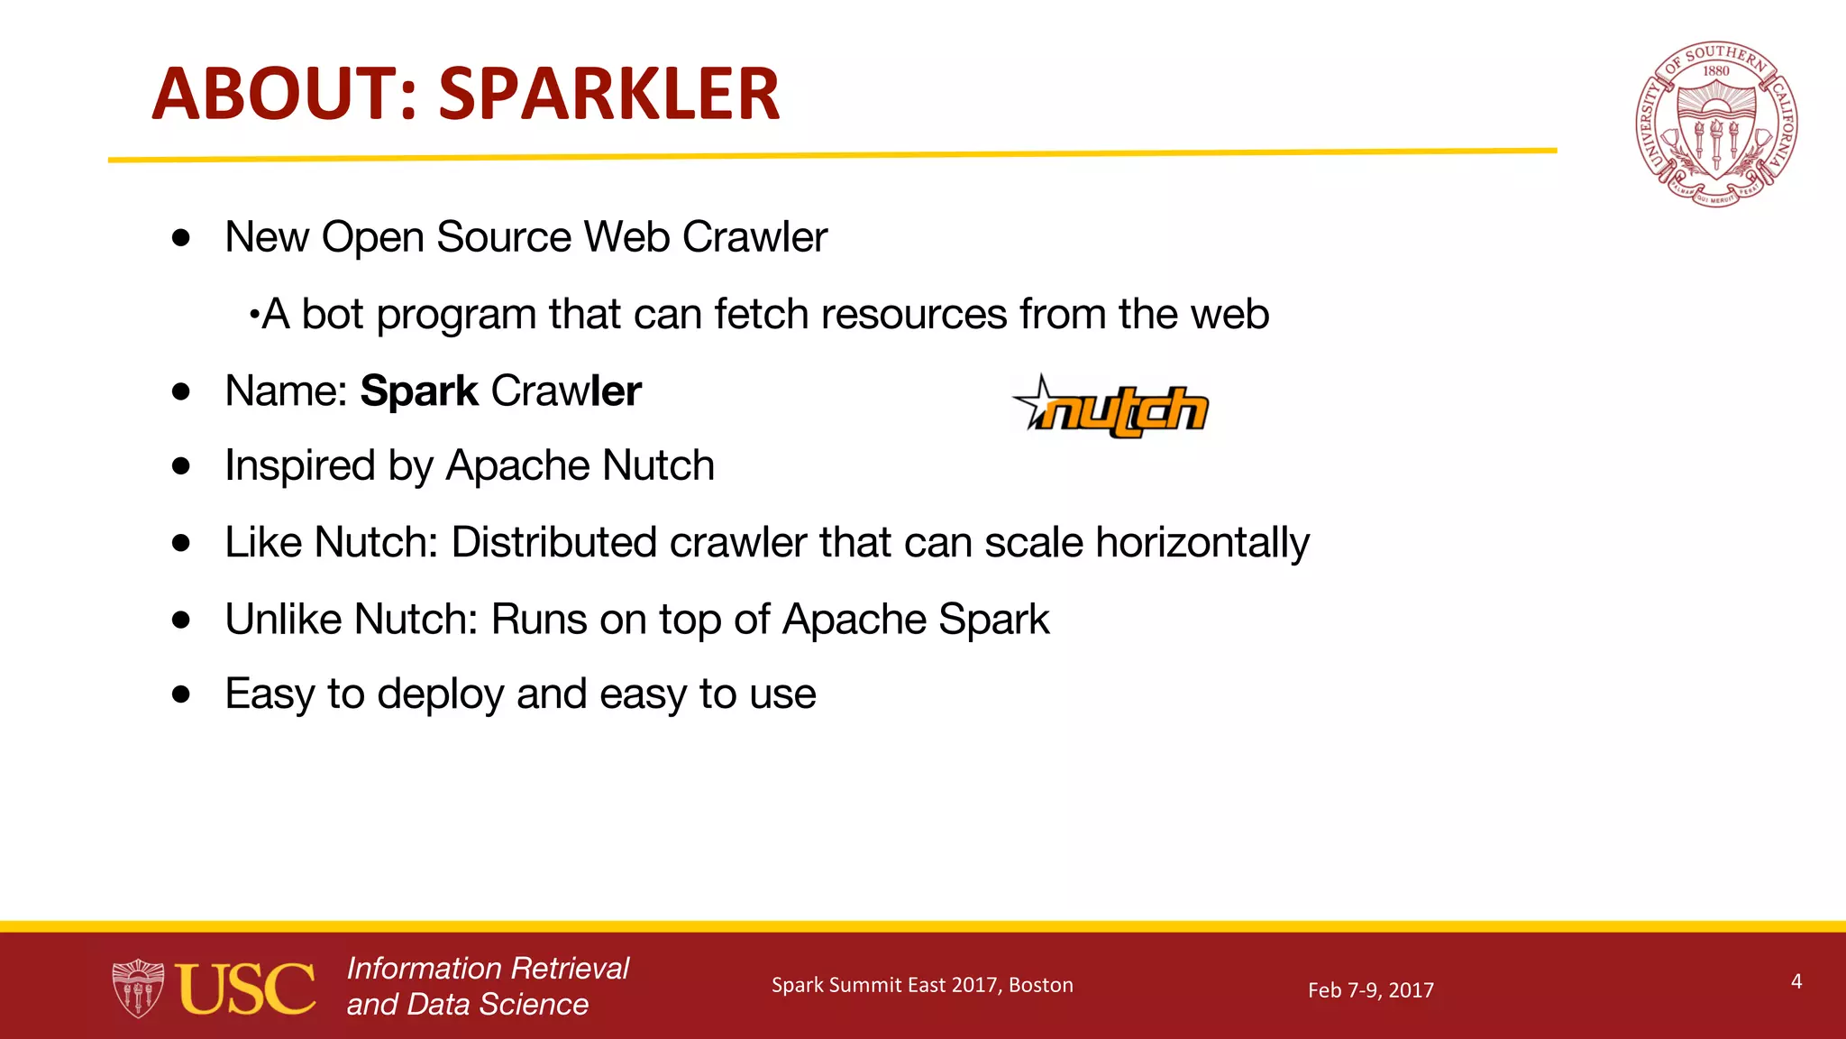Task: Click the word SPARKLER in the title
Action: point(608,94)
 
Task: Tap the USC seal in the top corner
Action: point(1716,124)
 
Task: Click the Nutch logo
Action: point(1111,409)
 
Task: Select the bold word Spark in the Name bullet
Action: point(419,391)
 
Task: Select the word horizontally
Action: point(1202,543)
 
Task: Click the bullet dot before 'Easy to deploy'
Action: point(182,694)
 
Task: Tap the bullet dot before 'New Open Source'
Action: point(182,238)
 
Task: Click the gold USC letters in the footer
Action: point(245,988)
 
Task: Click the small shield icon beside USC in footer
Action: point(138,988)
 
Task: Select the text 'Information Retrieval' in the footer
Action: point(488,969)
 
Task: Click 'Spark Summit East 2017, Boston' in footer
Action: point(922,985)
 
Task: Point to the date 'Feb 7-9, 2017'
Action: point(1370,990)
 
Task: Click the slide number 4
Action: point(1796,981)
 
